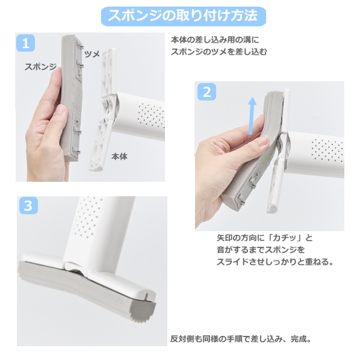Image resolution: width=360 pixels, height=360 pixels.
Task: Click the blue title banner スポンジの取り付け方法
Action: click(184, 16)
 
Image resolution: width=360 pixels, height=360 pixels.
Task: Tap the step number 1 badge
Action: click(25, 43)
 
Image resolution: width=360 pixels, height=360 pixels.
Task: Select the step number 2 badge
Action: click(206, 92)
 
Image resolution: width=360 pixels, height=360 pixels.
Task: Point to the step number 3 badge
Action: click(28, 205)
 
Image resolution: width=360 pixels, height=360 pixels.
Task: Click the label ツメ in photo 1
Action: click(92, 54)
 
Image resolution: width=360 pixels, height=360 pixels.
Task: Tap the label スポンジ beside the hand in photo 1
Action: click(41, 67)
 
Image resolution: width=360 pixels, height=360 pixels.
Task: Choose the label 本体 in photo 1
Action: click(119, 157)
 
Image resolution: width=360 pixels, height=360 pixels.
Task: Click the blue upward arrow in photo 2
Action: click(252, 116)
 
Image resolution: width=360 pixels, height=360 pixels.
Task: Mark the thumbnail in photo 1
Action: click(61, 110)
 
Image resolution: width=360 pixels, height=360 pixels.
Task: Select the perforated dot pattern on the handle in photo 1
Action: click(151, 116)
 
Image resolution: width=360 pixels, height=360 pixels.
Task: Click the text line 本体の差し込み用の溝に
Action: click(215, 40)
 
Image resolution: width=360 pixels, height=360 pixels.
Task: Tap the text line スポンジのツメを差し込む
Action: click(219, 52)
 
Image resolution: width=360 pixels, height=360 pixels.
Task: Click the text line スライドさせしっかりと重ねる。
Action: click(275, 262)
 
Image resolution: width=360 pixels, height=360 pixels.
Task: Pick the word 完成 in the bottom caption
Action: click(299, 339)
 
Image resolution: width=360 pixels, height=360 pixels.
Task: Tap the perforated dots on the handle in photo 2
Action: click(327, 150)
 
